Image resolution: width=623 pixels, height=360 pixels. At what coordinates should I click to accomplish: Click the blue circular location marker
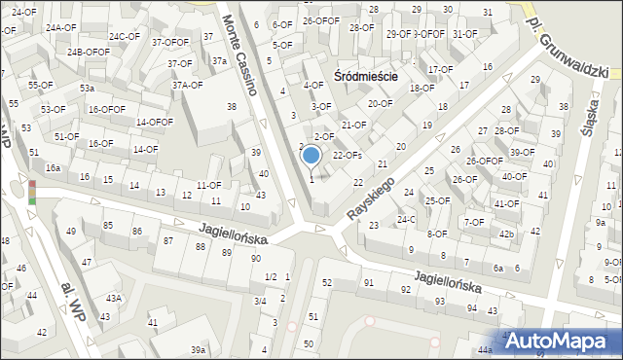[311, 154]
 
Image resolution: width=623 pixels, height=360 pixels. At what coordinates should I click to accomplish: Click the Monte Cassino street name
[238, 55]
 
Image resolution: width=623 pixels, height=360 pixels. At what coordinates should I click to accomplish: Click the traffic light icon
[32, 192]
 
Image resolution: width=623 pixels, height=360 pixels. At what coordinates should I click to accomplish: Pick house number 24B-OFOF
[89, 52]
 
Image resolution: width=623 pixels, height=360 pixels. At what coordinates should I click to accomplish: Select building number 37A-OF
[187, 85]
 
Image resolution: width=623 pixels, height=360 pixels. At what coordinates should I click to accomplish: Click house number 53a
[87, 89]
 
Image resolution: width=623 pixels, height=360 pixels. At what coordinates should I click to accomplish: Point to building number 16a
[53, 168]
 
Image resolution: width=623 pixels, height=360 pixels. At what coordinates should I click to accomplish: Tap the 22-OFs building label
[348, 155]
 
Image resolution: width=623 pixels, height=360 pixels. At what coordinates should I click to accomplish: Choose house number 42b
[506, 234]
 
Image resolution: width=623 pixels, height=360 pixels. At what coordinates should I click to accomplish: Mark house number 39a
[198, 349]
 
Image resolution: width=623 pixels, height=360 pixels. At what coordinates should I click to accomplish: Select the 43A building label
[114, 298]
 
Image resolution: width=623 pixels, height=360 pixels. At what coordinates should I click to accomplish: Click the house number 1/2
[271, 277]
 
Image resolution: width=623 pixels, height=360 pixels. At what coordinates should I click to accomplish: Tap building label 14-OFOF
[154, 122]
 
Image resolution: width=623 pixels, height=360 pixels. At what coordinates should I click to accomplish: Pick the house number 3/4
[261, 302]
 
